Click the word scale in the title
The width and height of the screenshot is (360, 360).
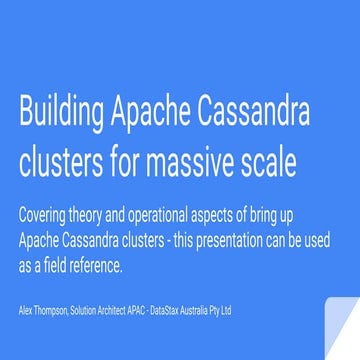coord(268,162)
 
